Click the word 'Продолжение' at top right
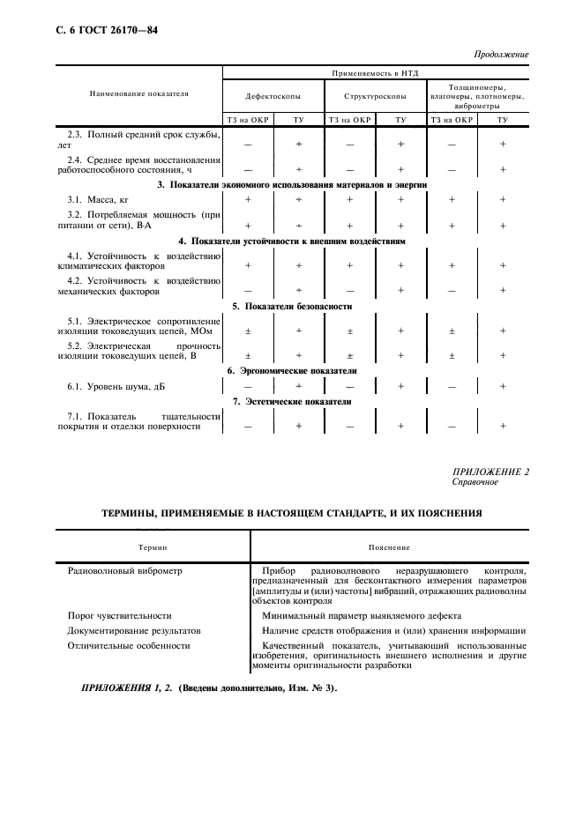[x=501, y=55]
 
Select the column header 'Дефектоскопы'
[x=273, y=95]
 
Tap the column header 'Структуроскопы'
[x=375, y=95]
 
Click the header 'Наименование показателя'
[x=138, y=93]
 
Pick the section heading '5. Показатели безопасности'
[x=292, y=307]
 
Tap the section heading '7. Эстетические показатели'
[x=292, y=402]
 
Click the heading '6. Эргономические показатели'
[x=292, y=371]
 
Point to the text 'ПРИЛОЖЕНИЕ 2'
[x=490, y=472]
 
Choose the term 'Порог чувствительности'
[x=119, y=615]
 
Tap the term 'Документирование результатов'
[x=134, y=630]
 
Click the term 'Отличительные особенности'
[x=129, y=645]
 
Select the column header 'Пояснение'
[x=389, y=546]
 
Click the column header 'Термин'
[x=153, y=546]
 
